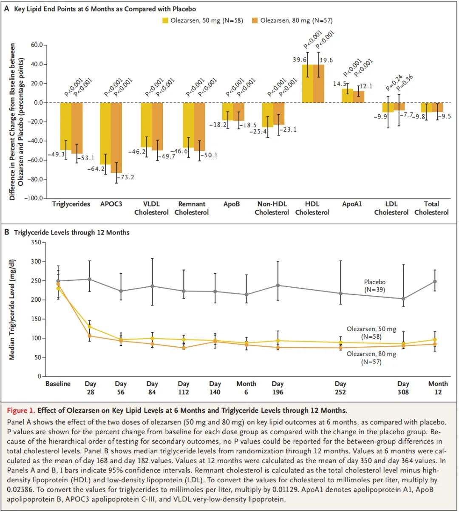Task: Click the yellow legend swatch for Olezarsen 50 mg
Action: click(x=165, y=20)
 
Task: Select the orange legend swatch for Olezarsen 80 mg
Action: click(x=255, y=20)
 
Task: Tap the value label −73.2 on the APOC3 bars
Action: click(x=125, y=177)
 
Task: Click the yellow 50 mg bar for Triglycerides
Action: click(x=66, y=126)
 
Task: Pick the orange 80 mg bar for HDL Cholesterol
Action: click(x=318, y=83)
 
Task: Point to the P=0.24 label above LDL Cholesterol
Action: click(x=394, y=83)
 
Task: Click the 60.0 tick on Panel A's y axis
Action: click(x=37, y=45)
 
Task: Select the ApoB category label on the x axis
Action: click(x=232, y=204)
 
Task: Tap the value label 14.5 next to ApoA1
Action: click(x=340, y=84)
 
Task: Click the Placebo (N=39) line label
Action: click(x=374, y=286)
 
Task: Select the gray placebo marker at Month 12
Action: click(x=435, y=281)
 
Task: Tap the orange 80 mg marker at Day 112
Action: click(x=184, y=348)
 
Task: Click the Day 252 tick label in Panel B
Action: click(x=340, y=388)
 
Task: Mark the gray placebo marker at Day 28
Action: click(x=89, y=279)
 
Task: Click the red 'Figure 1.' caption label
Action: click(x=21, y=410)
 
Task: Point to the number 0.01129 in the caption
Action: click(x=283, y=489)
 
